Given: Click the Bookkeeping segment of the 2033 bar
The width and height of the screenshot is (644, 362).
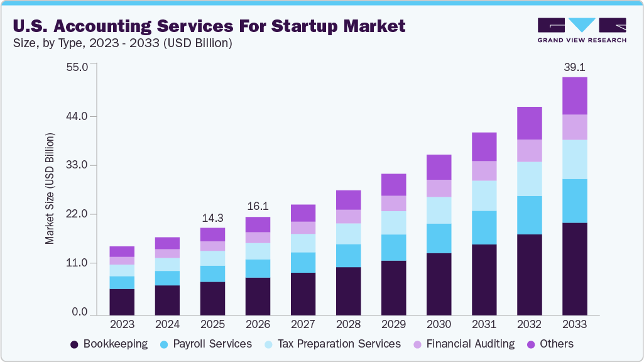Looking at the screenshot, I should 574,269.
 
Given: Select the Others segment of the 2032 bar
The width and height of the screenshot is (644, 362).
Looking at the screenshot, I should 529,123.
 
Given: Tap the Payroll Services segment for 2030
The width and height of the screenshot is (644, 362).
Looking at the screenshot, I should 439,238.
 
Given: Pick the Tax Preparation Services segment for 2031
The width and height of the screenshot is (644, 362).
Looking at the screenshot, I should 484,195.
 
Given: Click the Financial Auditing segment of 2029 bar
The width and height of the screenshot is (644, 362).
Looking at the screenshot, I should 393,203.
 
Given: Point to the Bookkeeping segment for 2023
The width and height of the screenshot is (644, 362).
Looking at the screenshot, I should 122,302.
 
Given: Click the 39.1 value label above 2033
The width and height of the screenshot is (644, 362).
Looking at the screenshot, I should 574,67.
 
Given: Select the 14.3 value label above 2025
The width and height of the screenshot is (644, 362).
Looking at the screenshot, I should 212,217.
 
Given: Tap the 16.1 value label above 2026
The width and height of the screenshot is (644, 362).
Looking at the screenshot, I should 258,206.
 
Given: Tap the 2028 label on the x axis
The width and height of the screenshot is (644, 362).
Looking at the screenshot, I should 348,324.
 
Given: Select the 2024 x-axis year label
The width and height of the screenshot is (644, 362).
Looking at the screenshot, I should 167,324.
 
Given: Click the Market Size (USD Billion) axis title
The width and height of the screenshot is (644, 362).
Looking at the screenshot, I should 50,189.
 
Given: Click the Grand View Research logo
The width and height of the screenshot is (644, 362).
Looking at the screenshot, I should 582,30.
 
